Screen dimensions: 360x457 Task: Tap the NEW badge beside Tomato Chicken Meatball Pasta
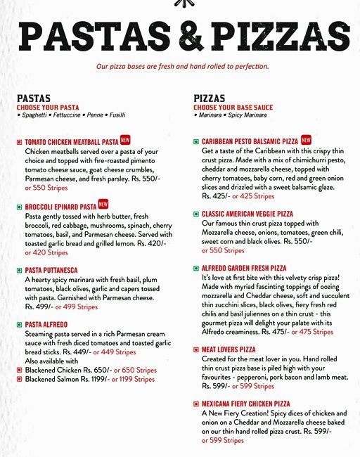[126, 141]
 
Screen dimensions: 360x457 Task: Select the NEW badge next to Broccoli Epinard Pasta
[103, 205]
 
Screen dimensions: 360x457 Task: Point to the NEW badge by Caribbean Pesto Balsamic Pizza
[306, 141]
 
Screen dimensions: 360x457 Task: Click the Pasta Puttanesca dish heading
[51, 270]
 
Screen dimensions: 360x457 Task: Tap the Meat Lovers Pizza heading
[229, 349]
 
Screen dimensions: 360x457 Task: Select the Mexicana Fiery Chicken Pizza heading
[245, 404]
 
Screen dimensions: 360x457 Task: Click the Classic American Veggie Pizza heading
[247, 214]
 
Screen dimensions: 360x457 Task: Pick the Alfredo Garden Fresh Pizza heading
[244, 269]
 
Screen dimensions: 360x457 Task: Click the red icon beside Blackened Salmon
[19, 380]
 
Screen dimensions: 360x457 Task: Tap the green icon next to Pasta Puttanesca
[19, 270]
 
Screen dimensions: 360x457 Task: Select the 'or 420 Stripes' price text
[46, 252]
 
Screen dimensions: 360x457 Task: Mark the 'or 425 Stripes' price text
[252, 196]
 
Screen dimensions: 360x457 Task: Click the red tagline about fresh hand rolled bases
[182, 67]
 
